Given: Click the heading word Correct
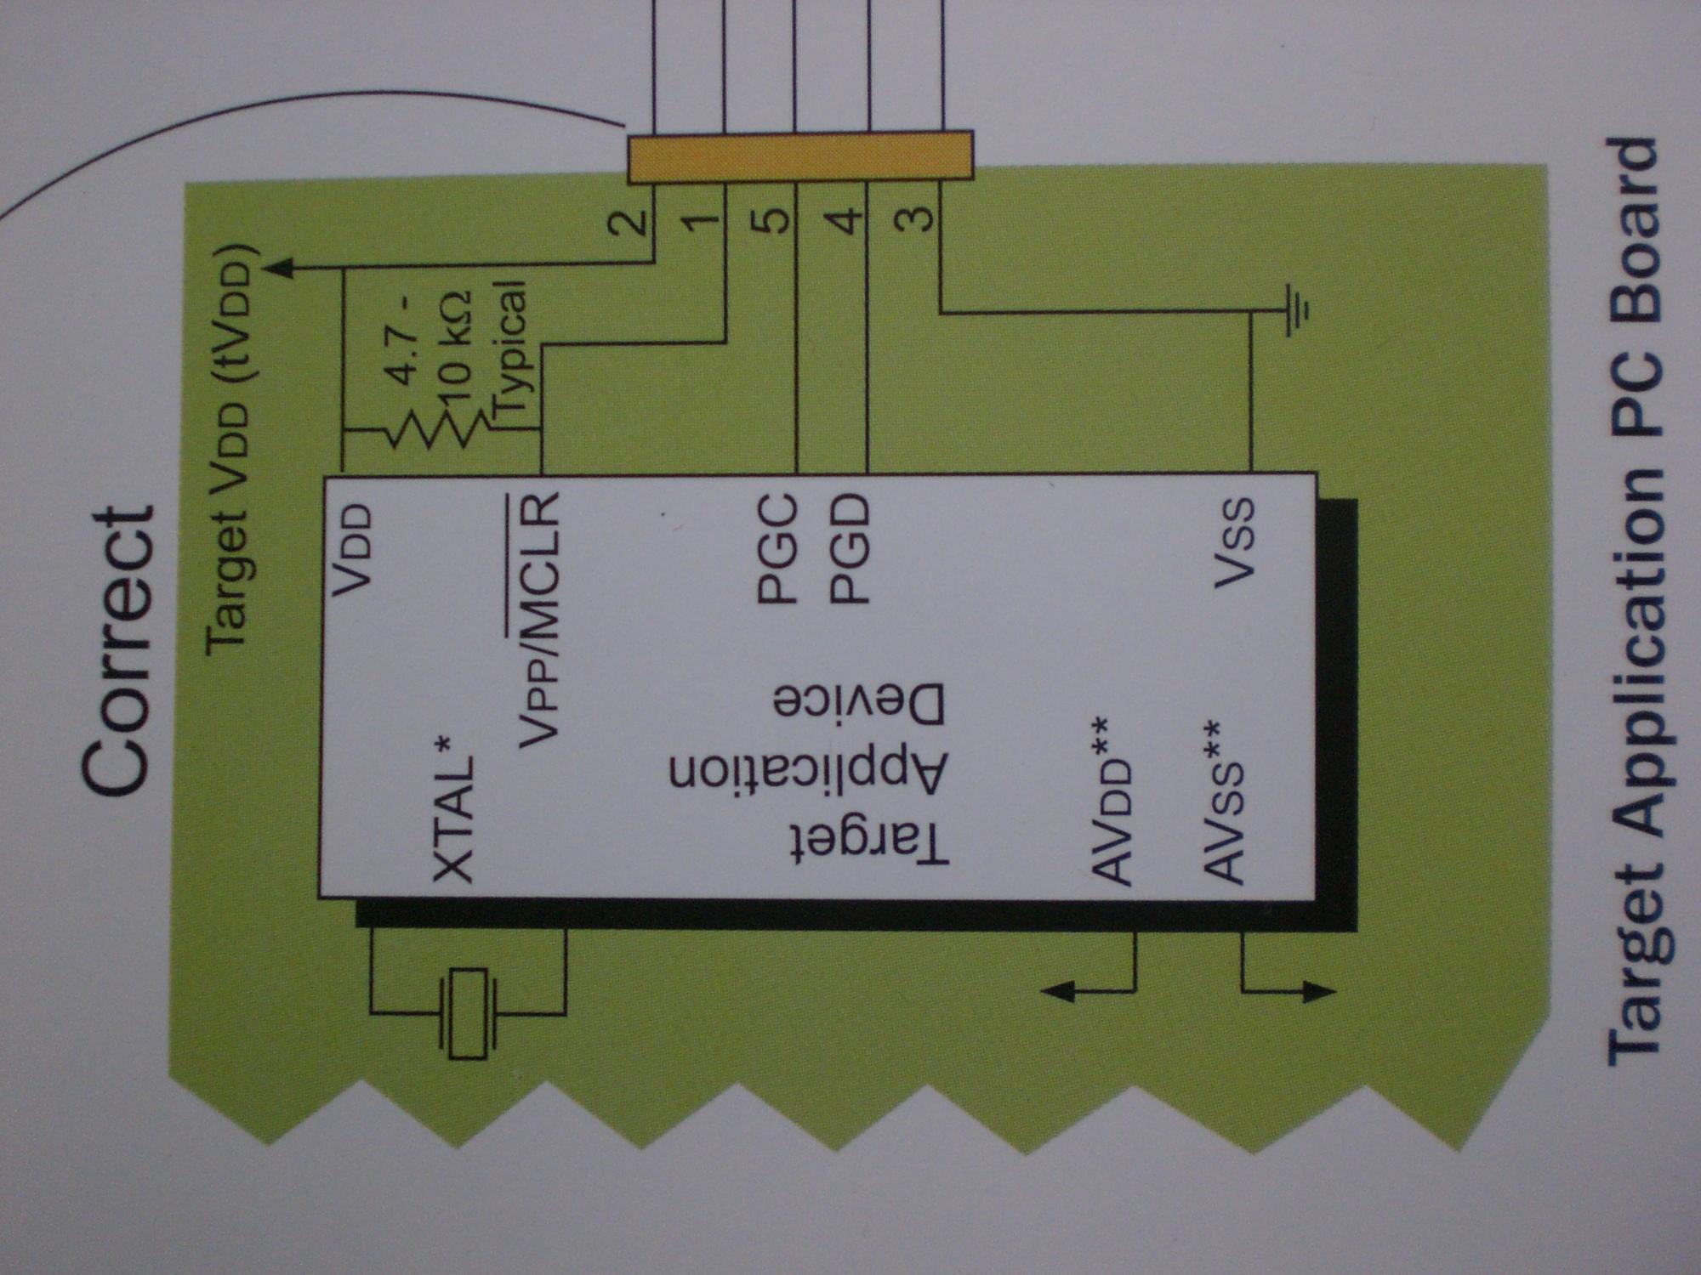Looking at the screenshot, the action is point(119,650).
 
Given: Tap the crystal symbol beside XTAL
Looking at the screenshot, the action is point(467,1013).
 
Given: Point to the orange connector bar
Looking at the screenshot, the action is point(799,156).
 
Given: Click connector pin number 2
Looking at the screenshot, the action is point(630,223).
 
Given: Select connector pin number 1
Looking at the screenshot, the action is point(702,223).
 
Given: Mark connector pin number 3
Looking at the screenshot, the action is point(915,219).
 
